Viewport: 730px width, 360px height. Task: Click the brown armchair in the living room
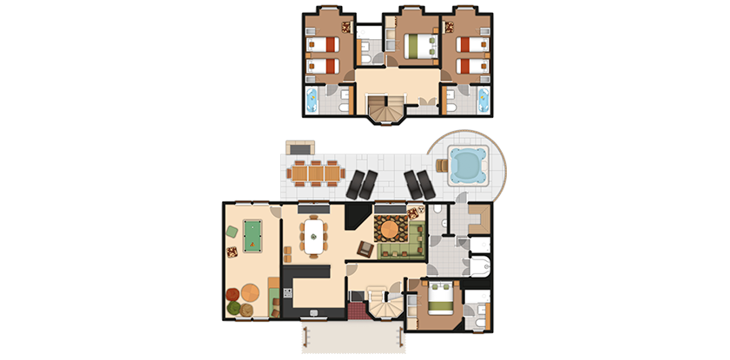pyautogui.click(x=365, y=250)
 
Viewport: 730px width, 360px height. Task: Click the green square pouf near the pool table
pyautogui.click(x=232, y=231)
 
